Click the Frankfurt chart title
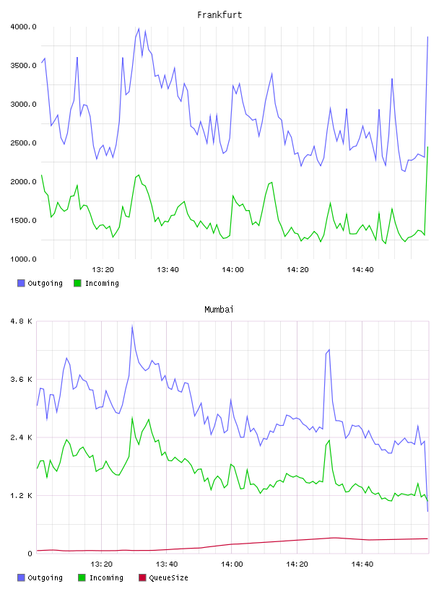pos(219,15)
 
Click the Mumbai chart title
pos(219,310)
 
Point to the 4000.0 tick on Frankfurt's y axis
pos(23,27)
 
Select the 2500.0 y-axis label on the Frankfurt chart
pos(23,143)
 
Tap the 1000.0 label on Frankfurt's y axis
pos(23,259)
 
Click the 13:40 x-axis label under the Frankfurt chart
pos(168,270)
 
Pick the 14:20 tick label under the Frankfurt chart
pos(297,270)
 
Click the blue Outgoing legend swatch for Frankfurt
pos(21,283)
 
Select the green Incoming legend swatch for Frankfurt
pos(77,283)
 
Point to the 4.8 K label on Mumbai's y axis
pos(22,321)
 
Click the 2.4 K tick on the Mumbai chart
pos(22,437)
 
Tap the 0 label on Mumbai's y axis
pos(30,554)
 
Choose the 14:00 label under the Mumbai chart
pos(232,564)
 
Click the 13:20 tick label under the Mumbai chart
pos(102,564)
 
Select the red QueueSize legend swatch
pos(142,577)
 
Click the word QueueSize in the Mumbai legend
pos(168,577)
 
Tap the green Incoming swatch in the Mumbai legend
pos(82,577)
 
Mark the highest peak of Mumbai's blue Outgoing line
pos(132,326)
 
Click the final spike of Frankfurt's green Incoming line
pos(427,147)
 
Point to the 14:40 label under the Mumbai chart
pos(362,564)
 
